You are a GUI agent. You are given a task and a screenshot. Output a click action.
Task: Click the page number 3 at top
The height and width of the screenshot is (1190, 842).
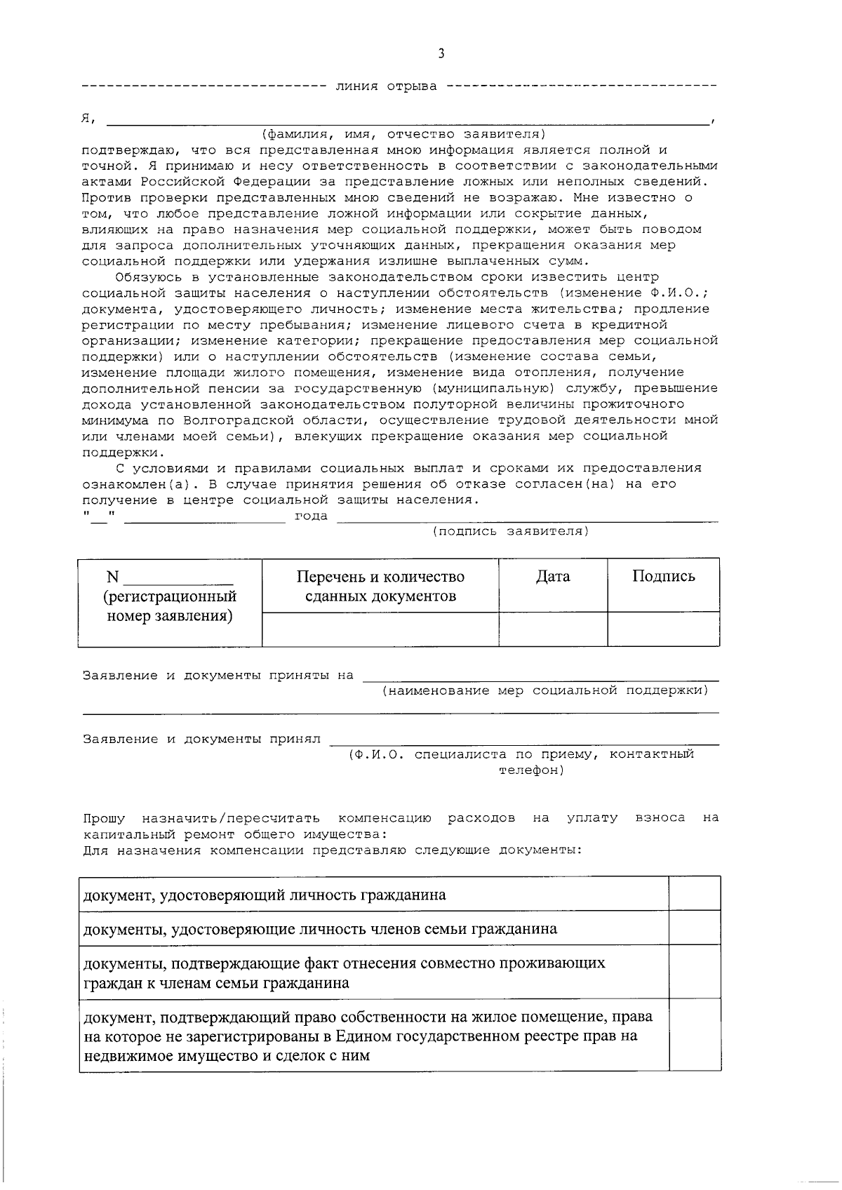click(441, 54)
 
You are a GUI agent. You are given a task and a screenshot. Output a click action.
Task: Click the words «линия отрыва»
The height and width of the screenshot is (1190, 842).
click(386, 86)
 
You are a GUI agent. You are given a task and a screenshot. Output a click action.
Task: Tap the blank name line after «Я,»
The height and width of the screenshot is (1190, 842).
click(407, 119)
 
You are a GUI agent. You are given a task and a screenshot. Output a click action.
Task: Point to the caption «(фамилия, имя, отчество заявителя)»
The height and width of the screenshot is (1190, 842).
click(403, 134)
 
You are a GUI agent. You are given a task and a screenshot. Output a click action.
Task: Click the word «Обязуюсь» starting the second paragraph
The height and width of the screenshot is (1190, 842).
click(152, 277)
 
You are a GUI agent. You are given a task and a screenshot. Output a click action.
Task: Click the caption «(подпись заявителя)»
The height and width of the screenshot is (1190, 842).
click(510, 531)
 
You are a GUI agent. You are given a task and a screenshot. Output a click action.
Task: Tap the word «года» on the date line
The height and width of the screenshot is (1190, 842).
click(311, 516)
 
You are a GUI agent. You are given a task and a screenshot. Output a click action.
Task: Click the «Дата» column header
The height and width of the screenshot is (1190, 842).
click(553, 577)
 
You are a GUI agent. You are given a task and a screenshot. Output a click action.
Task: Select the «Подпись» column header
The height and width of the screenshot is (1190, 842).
click(663, 577)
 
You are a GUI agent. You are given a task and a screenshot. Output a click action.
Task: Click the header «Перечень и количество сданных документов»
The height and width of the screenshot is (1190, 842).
click(380, 587)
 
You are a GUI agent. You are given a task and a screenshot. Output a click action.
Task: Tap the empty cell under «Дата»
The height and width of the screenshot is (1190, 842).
click(553, 629)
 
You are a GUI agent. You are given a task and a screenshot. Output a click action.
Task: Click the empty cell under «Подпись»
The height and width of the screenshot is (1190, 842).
click(663, 629)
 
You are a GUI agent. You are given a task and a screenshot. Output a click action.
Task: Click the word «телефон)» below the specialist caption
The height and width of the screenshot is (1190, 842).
click(531, 770)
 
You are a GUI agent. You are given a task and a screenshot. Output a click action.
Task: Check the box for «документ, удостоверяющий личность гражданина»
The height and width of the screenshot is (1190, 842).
click(695, 894)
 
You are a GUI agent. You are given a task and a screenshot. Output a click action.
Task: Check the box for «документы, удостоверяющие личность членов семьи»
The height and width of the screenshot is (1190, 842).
click(695, 928)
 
